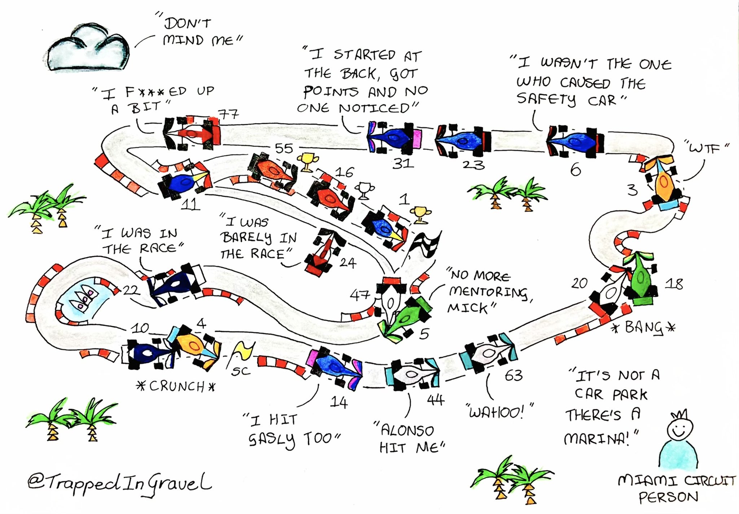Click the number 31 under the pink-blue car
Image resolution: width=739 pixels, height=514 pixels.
point(403,164)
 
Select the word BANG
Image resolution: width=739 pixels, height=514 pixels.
point(644,328)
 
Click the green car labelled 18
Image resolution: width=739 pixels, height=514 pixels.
point(642,280)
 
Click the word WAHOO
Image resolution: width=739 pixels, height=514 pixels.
point(496,412)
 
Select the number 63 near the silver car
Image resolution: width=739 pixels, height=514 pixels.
point(513,376)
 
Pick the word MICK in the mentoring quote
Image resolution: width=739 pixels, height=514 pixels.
point(468,308)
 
